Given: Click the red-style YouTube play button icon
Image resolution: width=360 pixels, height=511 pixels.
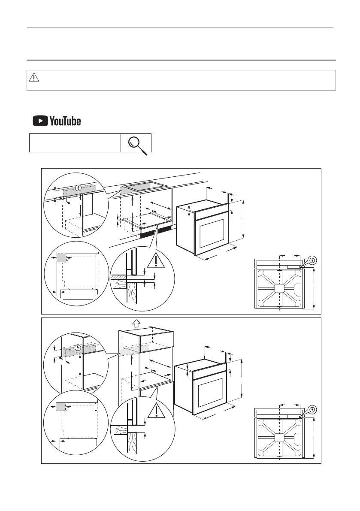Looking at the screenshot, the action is (x=40, y=121).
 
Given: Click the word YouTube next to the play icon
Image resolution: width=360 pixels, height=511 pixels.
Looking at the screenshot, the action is (x=65, y=121).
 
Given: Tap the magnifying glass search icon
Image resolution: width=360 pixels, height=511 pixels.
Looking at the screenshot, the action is (x=137, y=143).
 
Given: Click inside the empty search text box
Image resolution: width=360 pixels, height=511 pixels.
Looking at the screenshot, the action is (x=75, y=143).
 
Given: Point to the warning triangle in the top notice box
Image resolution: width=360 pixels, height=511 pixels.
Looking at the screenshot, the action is (x=34, y=78).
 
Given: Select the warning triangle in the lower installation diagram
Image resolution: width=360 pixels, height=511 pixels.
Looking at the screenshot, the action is (x=157, y=411).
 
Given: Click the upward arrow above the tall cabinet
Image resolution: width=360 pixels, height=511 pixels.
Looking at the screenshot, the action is (x=136, y=323).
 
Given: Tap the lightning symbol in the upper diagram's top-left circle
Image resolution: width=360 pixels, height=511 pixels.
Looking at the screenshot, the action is (x=78, y=187).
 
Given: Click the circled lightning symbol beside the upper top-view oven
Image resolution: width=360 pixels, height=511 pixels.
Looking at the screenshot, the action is (x=312, y=260).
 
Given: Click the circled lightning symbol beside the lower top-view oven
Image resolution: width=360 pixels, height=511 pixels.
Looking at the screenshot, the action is (x=312, y=409).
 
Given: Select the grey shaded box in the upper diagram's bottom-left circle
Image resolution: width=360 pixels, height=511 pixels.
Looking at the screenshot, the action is (x=62, y=258).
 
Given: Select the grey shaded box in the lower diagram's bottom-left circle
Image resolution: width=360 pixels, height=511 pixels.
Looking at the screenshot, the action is (x=61, y=407).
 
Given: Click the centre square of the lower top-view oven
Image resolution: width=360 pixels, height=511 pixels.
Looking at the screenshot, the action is (x=279, y=438).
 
